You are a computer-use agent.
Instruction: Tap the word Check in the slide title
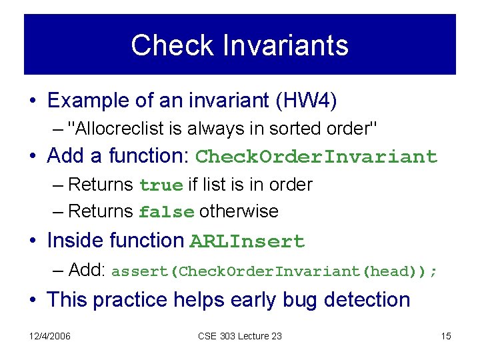pos(173,45)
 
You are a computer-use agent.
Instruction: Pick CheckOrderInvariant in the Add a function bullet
pos(317,157)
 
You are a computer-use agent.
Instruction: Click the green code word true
pos(161,185)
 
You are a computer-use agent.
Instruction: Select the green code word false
pos(167,212)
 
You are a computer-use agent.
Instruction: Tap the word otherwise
pos(239,212)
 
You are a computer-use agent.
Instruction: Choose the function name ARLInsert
pos(247,241)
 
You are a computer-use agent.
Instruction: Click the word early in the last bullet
pos(283,299)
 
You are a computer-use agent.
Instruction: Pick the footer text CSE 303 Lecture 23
pos(239,336)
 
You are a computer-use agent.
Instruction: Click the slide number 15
pos(446,336)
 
